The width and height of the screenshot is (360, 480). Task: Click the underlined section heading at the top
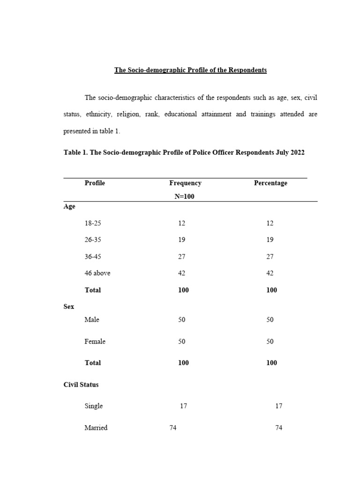coord(190,70)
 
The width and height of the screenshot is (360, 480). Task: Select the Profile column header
coord(95,183)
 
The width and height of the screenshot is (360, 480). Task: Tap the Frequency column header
coord(185,183)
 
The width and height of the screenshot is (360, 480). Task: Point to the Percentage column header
coord(270,183)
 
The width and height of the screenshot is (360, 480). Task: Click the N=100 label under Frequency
coord(184,197)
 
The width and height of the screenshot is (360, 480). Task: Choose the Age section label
coord(69,207)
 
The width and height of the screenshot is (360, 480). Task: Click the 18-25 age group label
coord(93,224)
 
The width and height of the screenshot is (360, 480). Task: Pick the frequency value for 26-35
coord(182,240)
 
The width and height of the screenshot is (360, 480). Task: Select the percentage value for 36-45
coord(270,257)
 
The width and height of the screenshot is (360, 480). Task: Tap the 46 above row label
coord(97,273)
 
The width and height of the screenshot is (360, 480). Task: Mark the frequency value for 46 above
coord(182,273)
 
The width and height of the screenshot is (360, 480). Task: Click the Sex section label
coord(69,307)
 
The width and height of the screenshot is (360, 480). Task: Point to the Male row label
coord(92,320)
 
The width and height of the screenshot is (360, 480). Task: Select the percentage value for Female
coord(270,342)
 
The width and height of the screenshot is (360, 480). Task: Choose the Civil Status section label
coord(81,385)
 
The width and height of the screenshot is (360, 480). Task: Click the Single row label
coord(94,406)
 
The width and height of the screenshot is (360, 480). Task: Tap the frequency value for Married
coord(173,428)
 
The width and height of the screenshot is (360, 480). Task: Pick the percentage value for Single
coord(279,406)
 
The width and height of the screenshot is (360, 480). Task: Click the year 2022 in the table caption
coord(296,153)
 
